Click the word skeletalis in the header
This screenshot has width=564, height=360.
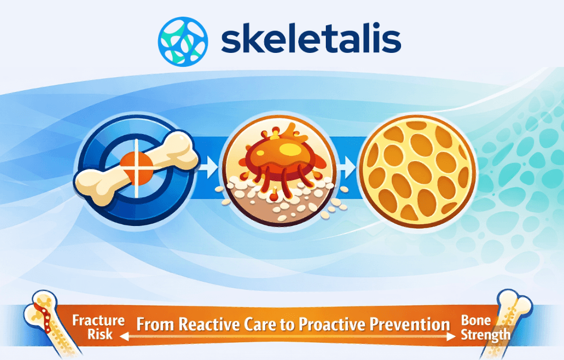(x=311, y=41)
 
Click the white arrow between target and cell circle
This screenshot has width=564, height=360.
(x=210, y=167)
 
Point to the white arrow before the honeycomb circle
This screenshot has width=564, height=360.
(x=347, y=167)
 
